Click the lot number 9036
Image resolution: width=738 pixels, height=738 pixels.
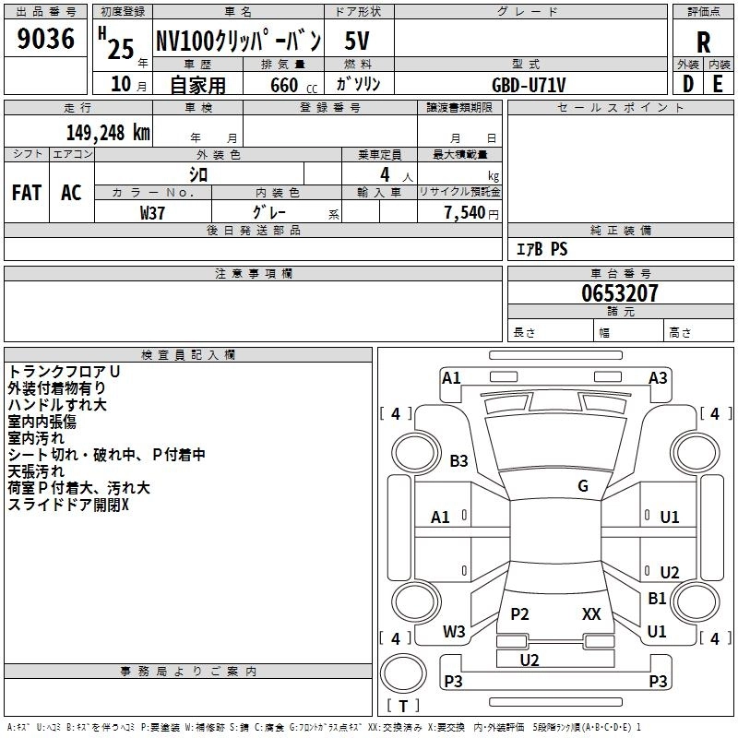click(x=45, y=40)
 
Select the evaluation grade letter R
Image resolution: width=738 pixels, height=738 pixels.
click(x=704, y=42)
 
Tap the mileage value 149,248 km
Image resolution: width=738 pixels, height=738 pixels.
click(x=108, y=132)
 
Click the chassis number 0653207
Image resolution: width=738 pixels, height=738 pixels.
click(x=620, y=294)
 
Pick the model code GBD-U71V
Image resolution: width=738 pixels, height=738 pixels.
click(x=529, y=84)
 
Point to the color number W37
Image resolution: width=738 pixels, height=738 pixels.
click(x=153, y=211)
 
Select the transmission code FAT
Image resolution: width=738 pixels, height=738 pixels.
click(x=26, y=193)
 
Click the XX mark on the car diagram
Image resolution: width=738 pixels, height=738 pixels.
click(x=591, y=613)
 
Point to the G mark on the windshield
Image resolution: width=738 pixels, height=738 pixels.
click(x=582, y=486)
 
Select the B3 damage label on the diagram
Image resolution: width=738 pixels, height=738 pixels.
click(x=458, y=460)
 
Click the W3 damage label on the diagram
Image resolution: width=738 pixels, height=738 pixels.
click(x=454, y=632)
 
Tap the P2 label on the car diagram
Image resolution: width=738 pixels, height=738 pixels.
click(x=519, y=614)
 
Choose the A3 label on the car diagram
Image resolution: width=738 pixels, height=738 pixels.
click(x=658, y=377)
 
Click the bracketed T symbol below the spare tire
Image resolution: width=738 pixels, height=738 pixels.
click(x=402, y=706)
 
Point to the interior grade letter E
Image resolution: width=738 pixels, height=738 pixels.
click(x=718, y=84)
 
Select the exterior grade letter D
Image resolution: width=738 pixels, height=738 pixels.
click(x=687, y=84)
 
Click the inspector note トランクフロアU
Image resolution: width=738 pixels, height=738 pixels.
click(x=65, y=371)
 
